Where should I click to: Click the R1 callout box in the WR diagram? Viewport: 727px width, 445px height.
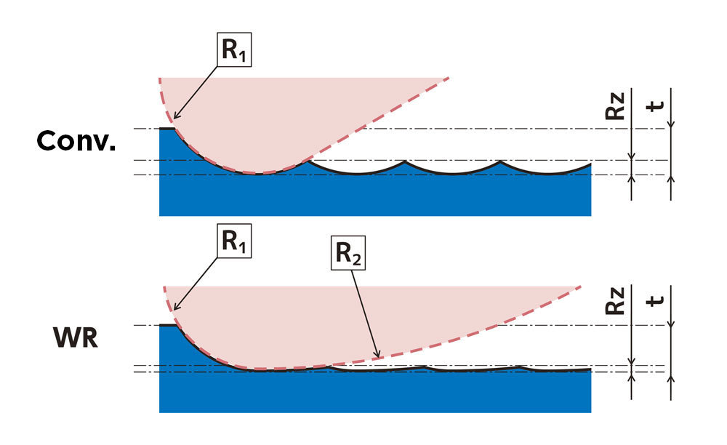[233, 243]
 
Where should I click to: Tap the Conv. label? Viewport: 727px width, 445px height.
[76, 141]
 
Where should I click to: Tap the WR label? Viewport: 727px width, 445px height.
[76, 338]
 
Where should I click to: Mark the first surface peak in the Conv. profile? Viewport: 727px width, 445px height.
[310, 161]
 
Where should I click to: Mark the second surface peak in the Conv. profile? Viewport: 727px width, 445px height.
[406, 161]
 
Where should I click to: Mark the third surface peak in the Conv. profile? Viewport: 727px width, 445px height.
[500, 161]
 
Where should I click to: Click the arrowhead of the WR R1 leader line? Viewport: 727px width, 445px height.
[174, 310]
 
